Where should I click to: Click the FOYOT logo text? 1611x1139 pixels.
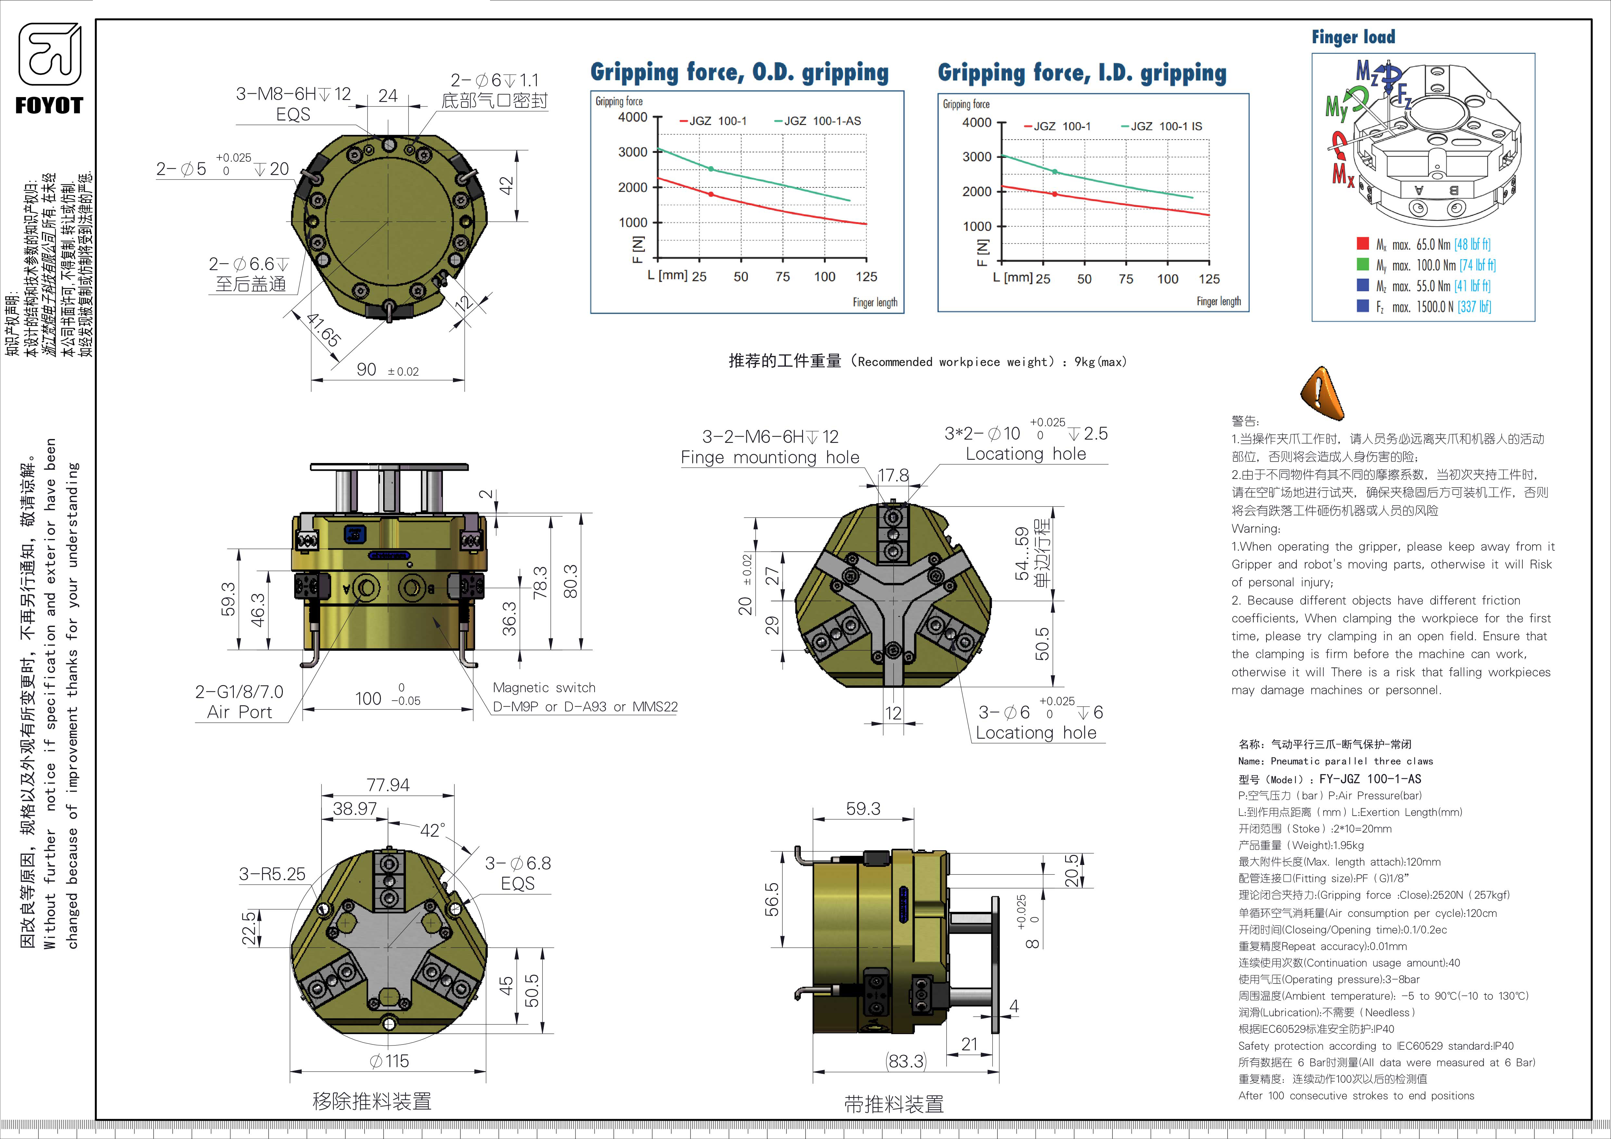pyautogui.click(x=49, y=106)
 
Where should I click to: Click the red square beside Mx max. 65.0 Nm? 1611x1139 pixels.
pyautogui.click(x=1363, y=244)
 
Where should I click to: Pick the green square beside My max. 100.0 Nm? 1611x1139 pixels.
pyautogui.click(x=1363, y=264)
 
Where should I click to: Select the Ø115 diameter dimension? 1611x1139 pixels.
pyautogui.click(x=389, y=1061)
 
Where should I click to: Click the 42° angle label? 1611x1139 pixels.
pyautogui.click(x=432, y=831)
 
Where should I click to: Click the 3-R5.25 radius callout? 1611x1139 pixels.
pyautogui.click(x=272, y=874)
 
